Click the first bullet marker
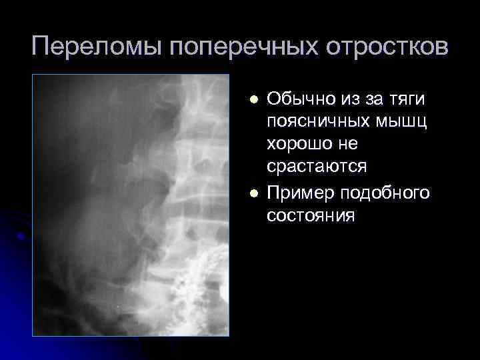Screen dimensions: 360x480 pyautogui.click(x=252, y=99)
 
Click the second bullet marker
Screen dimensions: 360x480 pyautogui.click(x=252, y=193)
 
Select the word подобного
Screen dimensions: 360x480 pyautogui.click(x=385, y=193)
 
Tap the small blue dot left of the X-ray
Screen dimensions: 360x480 pyautogui.click(x=23, y=235)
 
